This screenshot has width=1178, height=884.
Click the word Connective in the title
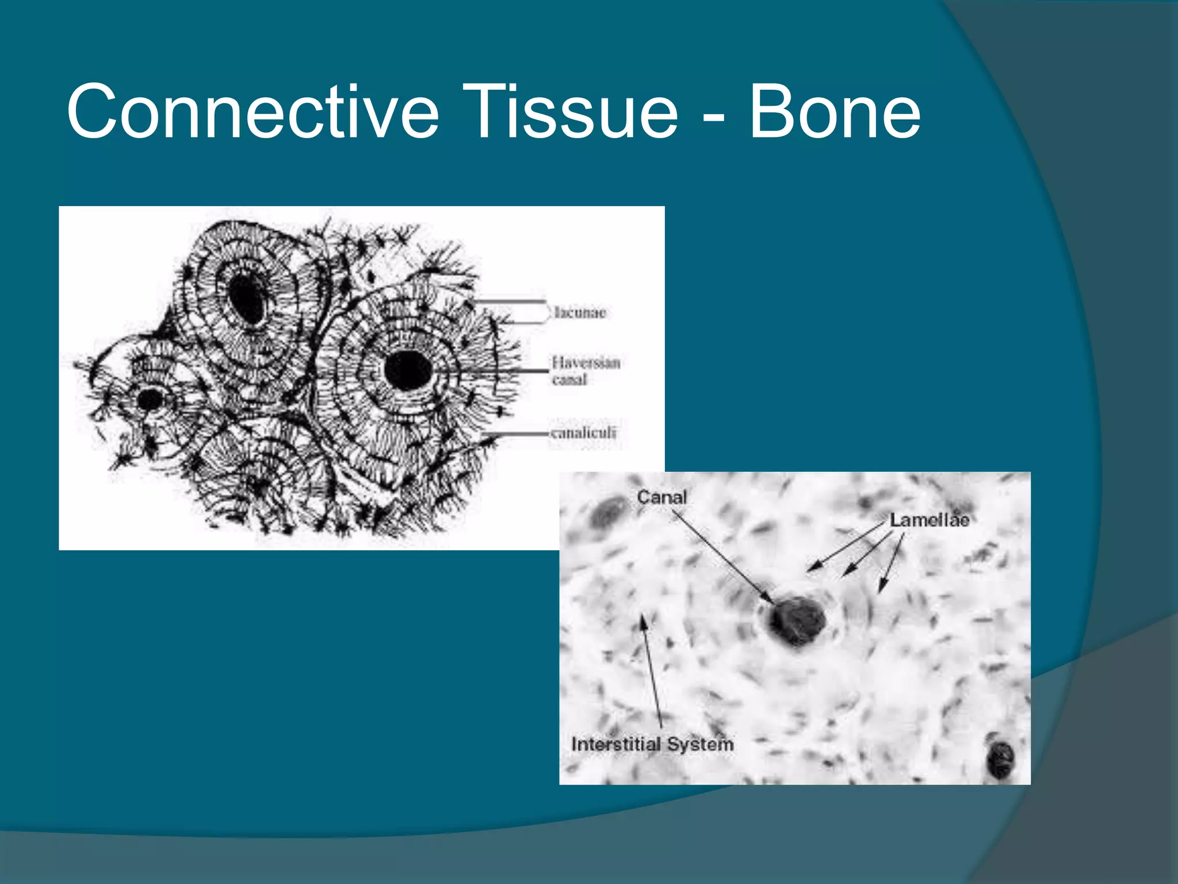[x=253, y=112]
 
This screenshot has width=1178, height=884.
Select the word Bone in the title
[x=834, y=112]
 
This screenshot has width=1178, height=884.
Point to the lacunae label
[x=580, y=313]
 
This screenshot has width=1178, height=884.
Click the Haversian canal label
[x=585, y=371]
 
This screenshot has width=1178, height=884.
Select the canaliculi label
[x=583, y=433]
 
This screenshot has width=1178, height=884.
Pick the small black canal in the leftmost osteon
[x=151, y=399]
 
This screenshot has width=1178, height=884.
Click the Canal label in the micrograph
[x=661, y=497]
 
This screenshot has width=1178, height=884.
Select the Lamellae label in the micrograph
[x=930, y=520]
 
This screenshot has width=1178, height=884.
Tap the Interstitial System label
[x=652, y=744]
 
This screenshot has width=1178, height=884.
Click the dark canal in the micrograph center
[x=797, y=622]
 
